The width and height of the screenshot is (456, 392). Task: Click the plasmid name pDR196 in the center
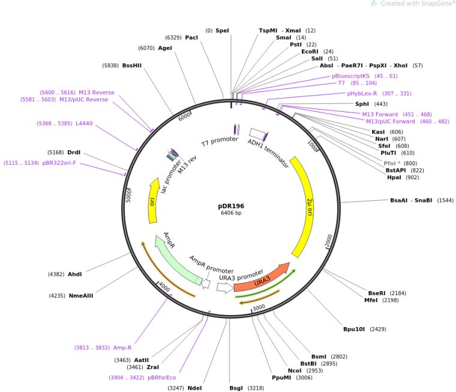(231, 206)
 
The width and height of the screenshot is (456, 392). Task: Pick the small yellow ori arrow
(153, 201)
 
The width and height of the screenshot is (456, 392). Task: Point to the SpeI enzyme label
(222, 30)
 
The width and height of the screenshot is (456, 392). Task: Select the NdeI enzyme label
(194, 388)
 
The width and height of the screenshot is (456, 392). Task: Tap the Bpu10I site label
(355, 329)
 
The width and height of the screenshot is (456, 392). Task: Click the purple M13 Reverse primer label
(97, 93)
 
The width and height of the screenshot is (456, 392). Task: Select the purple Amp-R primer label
(122, 348)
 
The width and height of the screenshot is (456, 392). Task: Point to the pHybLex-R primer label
(362, 93)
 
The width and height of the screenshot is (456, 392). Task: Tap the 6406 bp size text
(231, 213)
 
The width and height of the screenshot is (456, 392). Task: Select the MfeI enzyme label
(371, 300)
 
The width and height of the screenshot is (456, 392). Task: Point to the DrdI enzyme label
(74, 152)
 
